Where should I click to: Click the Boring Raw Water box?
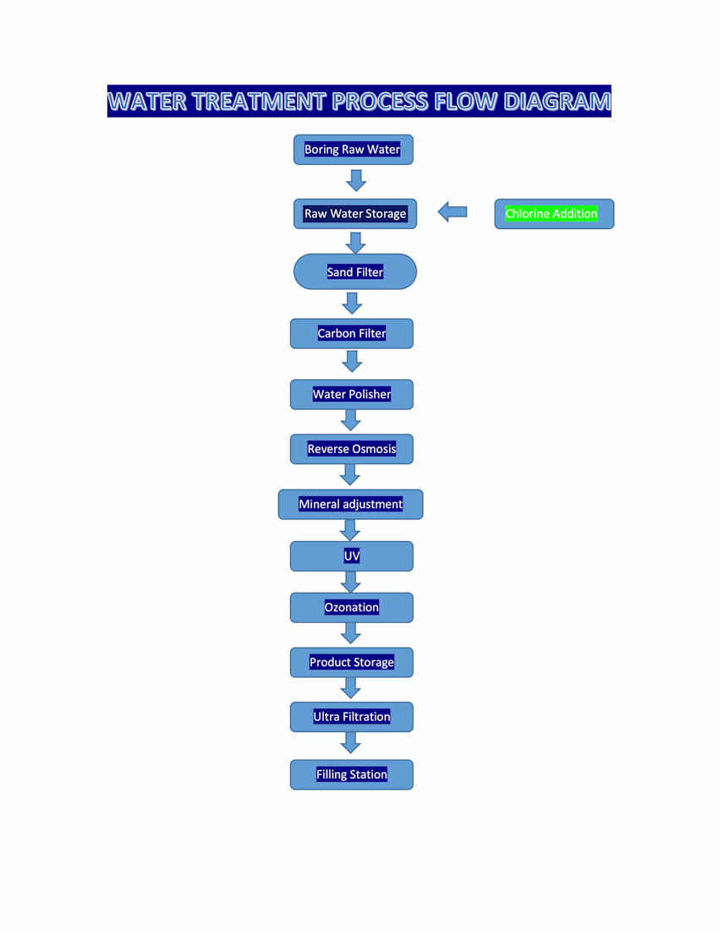[x=353, y=150]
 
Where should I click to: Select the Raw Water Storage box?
[x=355, y=214]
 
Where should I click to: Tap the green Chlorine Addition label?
[x=552, y=214]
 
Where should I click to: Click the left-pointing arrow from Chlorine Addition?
[x=453, y=212]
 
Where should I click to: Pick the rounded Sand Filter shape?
[x=355, y=272]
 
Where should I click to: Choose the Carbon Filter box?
[x=352, y=333]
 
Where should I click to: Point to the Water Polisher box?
[x=352, y=394]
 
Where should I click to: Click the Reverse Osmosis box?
[x=352, y=449]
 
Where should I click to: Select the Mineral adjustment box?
[x=350, y=504]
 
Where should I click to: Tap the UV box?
[x=352, y=556]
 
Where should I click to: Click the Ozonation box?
[x=352, y=607]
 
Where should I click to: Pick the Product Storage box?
[x=352, y=662]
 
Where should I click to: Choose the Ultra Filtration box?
[x=352, y=717]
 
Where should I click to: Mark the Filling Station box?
[x=352, y=774]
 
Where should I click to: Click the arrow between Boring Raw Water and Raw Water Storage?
[x=356, y=180]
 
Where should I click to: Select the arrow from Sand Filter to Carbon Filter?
[x=353, y=303]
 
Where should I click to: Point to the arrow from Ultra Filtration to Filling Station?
[x=351, y=743]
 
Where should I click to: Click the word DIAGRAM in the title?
[x=557, y=101]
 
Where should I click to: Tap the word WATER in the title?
[x=146, y=101]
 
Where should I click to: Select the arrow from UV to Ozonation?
[x=351, y=582]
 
